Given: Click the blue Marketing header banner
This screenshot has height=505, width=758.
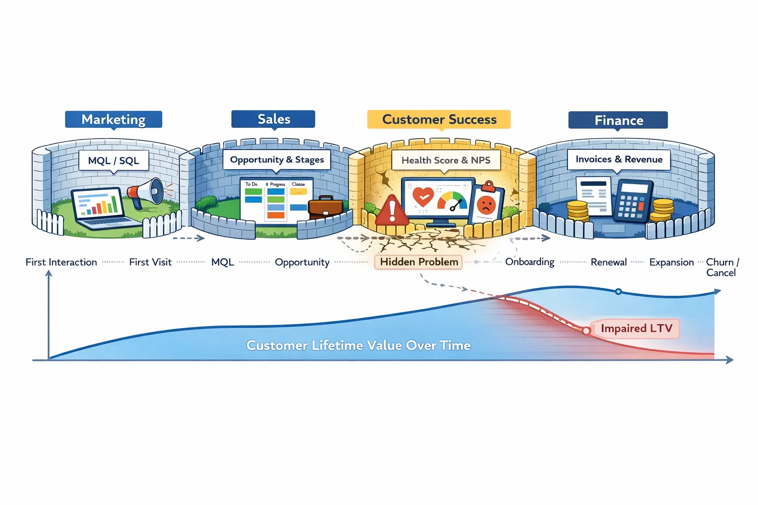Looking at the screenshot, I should tap(114, 119).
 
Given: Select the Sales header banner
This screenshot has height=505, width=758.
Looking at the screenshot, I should tap(273, 119).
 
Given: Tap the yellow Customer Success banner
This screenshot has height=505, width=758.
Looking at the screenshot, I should tap(439, 119).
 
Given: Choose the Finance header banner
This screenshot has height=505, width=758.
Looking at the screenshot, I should tap(618, 120).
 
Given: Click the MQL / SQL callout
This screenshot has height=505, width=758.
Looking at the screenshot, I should tap(114, 161).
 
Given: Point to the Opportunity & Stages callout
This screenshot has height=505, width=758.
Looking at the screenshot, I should tap(277, 160).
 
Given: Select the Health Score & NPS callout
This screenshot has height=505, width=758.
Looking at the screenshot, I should tap(446, 160).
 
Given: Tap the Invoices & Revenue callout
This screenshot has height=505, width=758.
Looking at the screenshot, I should tap(619, 159).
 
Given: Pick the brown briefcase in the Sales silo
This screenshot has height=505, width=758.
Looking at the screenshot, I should tap(325, 208).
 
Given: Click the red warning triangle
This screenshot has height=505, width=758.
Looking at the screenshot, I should tap(392, 211).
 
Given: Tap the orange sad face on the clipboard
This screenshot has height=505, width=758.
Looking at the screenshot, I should tap(486, 204).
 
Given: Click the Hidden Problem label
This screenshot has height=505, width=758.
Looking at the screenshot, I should tap(418, 262).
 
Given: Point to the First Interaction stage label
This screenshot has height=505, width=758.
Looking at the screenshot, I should tap(61, 262).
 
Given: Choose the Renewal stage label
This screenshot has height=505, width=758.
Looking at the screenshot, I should tap(608, 262).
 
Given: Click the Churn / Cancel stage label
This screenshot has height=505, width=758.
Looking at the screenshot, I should tap(722, 267).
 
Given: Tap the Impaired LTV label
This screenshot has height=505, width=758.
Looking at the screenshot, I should tap(636, 328).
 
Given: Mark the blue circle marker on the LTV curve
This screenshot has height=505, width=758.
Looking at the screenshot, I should tap(618, 291).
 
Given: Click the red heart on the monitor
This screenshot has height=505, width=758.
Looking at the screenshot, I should tap(423, 197).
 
